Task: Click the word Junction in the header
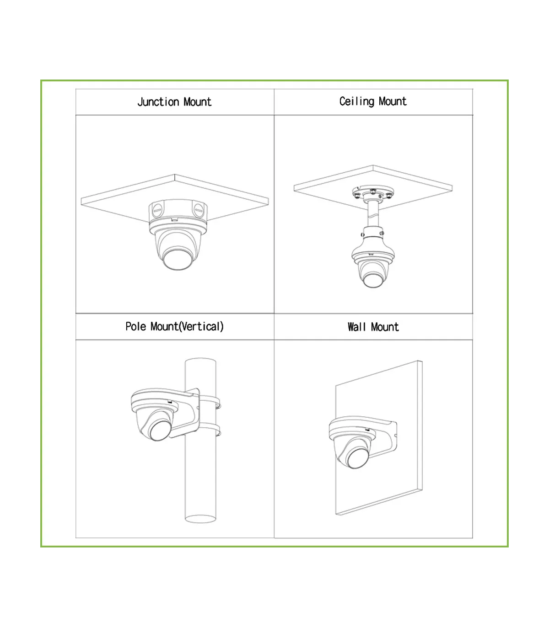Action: click(158, 102)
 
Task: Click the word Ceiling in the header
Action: click(357, 101)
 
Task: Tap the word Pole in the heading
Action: click(135, 327)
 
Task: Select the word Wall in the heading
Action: click(357, 327)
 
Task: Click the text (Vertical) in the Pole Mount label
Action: click(201, 327)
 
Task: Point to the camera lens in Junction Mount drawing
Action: click(178, 260)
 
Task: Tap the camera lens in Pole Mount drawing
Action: click(159, 430)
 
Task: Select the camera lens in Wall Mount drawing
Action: click(358, 459)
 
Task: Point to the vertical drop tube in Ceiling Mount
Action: click(373, 214)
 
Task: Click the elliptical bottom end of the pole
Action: click(200, 519)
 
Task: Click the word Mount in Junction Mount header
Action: click(198, 102)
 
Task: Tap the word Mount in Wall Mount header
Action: click(385, 327)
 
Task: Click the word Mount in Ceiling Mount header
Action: click(393, 101)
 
